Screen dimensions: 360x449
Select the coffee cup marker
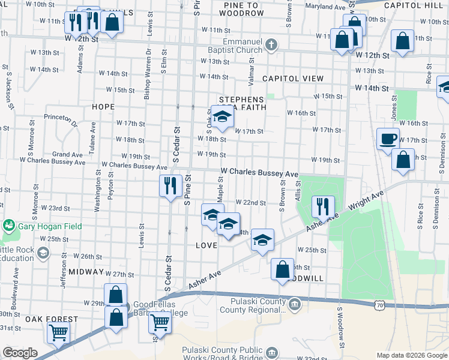pyautogui.click(x=387, y=139)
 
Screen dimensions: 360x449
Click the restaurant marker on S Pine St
pyautogui.click(x=170, y=185)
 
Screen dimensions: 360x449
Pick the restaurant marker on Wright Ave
pyautogui.click(x=323, y=207)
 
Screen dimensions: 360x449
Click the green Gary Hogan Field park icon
pyautogui.click(x=9, y=225)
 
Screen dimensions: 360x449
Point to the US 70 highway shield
pyautogui.click(x=379, y=305)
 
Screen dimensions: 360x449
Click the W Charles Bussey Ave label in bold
pyautogui.click(x=259, y=172)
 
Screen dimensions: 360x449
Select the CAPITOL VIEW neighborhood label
pyautogui.click(x=292, y=79)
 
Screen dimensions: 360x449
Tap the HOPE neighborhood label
pyautogui.click(x=103, y=106)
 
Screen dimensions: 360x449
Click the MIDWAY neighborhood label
pyautogui.click(x=86, y=272)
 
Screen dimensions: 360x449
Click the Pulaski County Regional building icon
pyautogui.click(x=295, y=305)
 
